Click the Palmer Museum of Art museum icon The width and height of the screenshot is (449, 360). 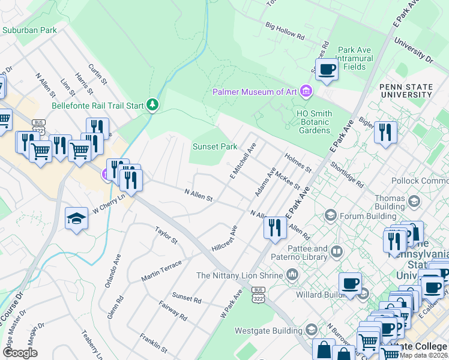tap(307, 92)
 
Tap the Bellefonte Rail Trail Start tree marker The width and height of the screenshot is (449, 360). tap(153, 106)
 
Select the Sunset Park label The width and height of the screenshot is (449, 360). tap(214, 146)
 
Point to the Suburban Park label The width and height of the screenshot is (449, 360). tap(29, 29)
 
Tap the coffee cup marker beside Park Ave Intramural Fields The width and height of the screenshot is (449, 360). tap(327, 70)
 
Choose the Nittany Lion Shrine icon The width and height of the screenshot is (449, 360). tap(292, 275)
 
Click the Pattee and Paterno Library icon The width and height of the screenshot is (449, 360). tap(337, 252)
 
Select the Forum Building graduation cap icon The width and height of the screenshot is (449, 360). tap(330, 215)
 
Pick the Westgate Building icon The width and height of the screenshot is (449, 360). tap(311, 330)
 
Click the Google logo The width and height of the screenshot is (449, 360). tap(20, 353)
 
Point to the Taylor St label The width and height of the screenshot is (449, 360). tap(166, 235)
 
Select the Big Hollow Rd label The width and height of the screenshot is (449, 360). tap(285, 32)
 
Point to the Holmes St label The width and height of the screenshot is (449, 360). tap(298, 163)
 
